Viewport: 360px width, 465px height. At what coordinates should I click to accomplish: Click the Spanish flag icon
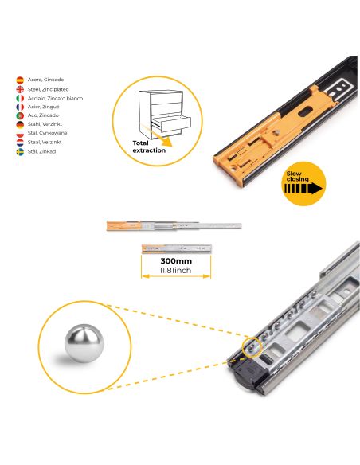click(20, 80)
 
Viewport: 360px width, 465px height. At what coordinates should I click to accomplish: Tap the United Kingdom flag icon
click(20, 89)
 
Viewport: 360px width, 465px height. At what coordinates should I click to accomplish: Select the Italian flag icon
click(20, 98)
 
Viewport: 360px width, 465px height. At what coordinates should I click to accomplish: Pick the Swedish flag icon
click(20, 150)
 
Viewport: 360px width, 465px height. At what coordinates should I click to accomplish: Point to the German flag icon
click(20, 124)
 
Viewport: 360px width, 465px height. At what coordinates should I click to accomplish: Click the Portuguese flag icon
click(20, 115)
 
